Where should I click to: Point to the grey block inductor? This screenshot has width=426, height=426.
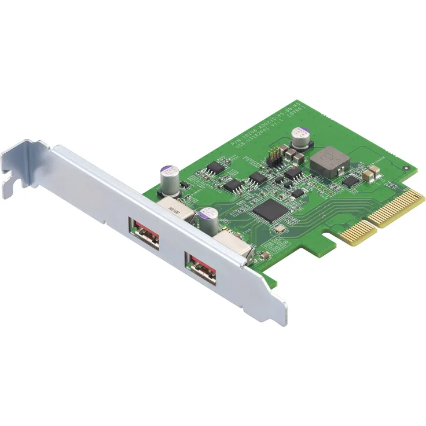pos(328,160)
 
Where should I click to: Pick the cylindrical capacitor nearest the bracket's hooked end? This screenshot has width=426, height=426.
pos(168,179)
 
